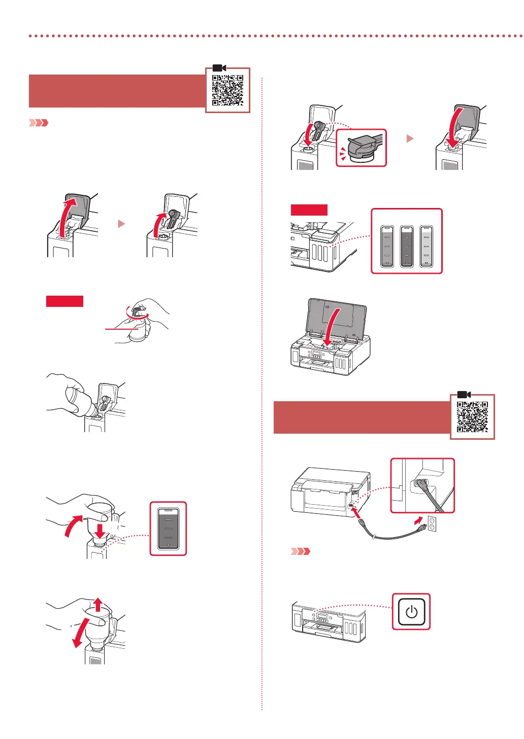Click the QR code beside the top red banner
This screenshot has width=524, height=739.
pyautogui.click(x=227, y=90)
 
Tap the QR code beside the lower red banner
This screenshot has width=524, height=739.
pyautogui.click(x=472, y=416)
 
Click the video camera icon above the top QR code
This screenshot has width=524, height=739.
pyautogui.click(x=219, y=68)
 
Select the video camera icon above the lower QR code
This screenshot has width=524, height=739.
pyautogui.click(x=464, y=395)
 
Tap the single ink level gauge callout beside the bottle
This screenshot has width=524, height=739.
pyautogui.click(x=169, y=529)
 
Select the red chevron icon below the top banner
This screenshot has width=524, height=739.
pyautogui.click(x=39, y=123)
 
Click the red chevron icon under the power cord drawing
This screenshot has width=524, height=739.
pyautogui.click(x=300, y=551)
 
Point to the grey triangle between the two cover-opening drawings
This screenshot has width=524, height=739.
pyautogui.click(x=121, y=224)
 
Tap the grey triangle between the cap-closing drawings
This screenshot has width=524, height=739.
pyautogui.click(x=410, y=138)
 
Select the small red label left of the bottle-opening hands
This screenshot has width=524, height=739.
pyautogui.click(x=64, y=301)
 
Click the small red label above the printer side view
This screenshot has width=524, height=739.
pyautogui.click(x=309, y=210)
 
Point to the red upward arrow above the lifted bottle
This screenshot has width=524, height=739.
pyautogui.click(x=99, y=605)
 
